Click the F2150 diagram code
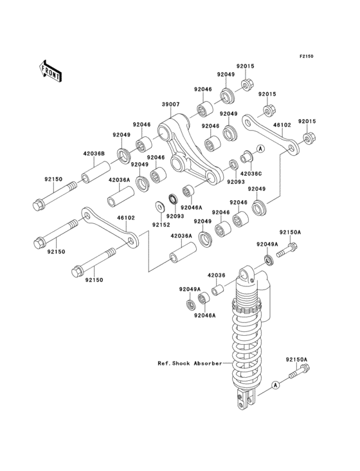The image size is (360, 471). [305, 57]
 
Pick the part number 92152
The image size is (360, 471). [161, 225]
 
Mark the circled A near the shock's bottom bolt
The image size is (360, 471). [275, 385]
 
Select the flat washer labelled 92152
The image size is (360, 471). [159, 207]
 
